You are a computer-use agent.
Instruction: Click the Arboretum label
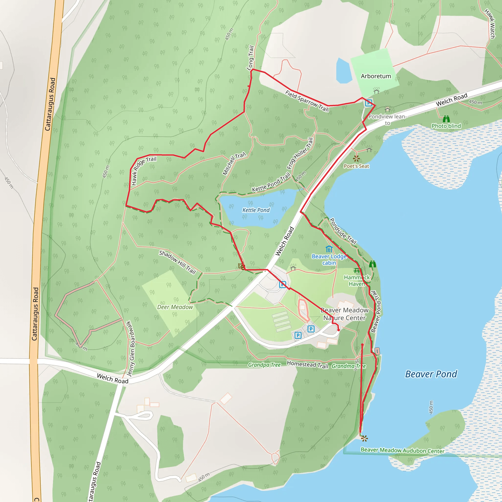[x=376, y=76]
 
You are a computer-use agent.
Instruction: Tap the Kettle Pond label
[x=256, y=210]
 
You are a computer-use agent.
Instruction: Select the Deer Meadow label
[x=175, y=307]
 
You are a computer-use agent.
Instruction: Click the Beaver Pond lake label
[x=431, y=374]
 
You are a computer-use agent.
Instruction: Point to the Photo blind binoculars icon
[x=446, y=119]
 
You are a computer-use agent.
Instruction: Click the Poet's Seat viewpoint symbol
[x=356, y=158]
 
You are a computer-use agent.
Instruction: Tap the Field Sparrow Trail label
[x=307, y=101]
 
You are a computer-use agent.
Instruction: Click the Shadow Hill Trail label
[x=177, y=262]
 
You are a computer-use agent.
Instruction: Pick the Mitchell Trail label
[x=234, y=163]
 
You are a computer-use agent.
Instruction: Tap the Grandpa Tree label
[x=264, y=365]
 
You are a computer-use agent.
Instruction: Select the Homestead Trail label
[x=307, y=364]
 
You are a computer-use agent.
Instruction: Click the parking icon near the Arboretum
[x=368, y=103]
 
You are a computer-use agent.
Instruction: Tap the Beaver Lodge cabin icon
[x=329, y=249]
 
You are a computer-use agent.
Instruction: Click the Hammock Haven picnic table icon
[x=357, y=271]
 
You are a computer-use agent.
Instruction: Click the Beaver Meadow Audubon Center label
[x=402, y=450]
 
